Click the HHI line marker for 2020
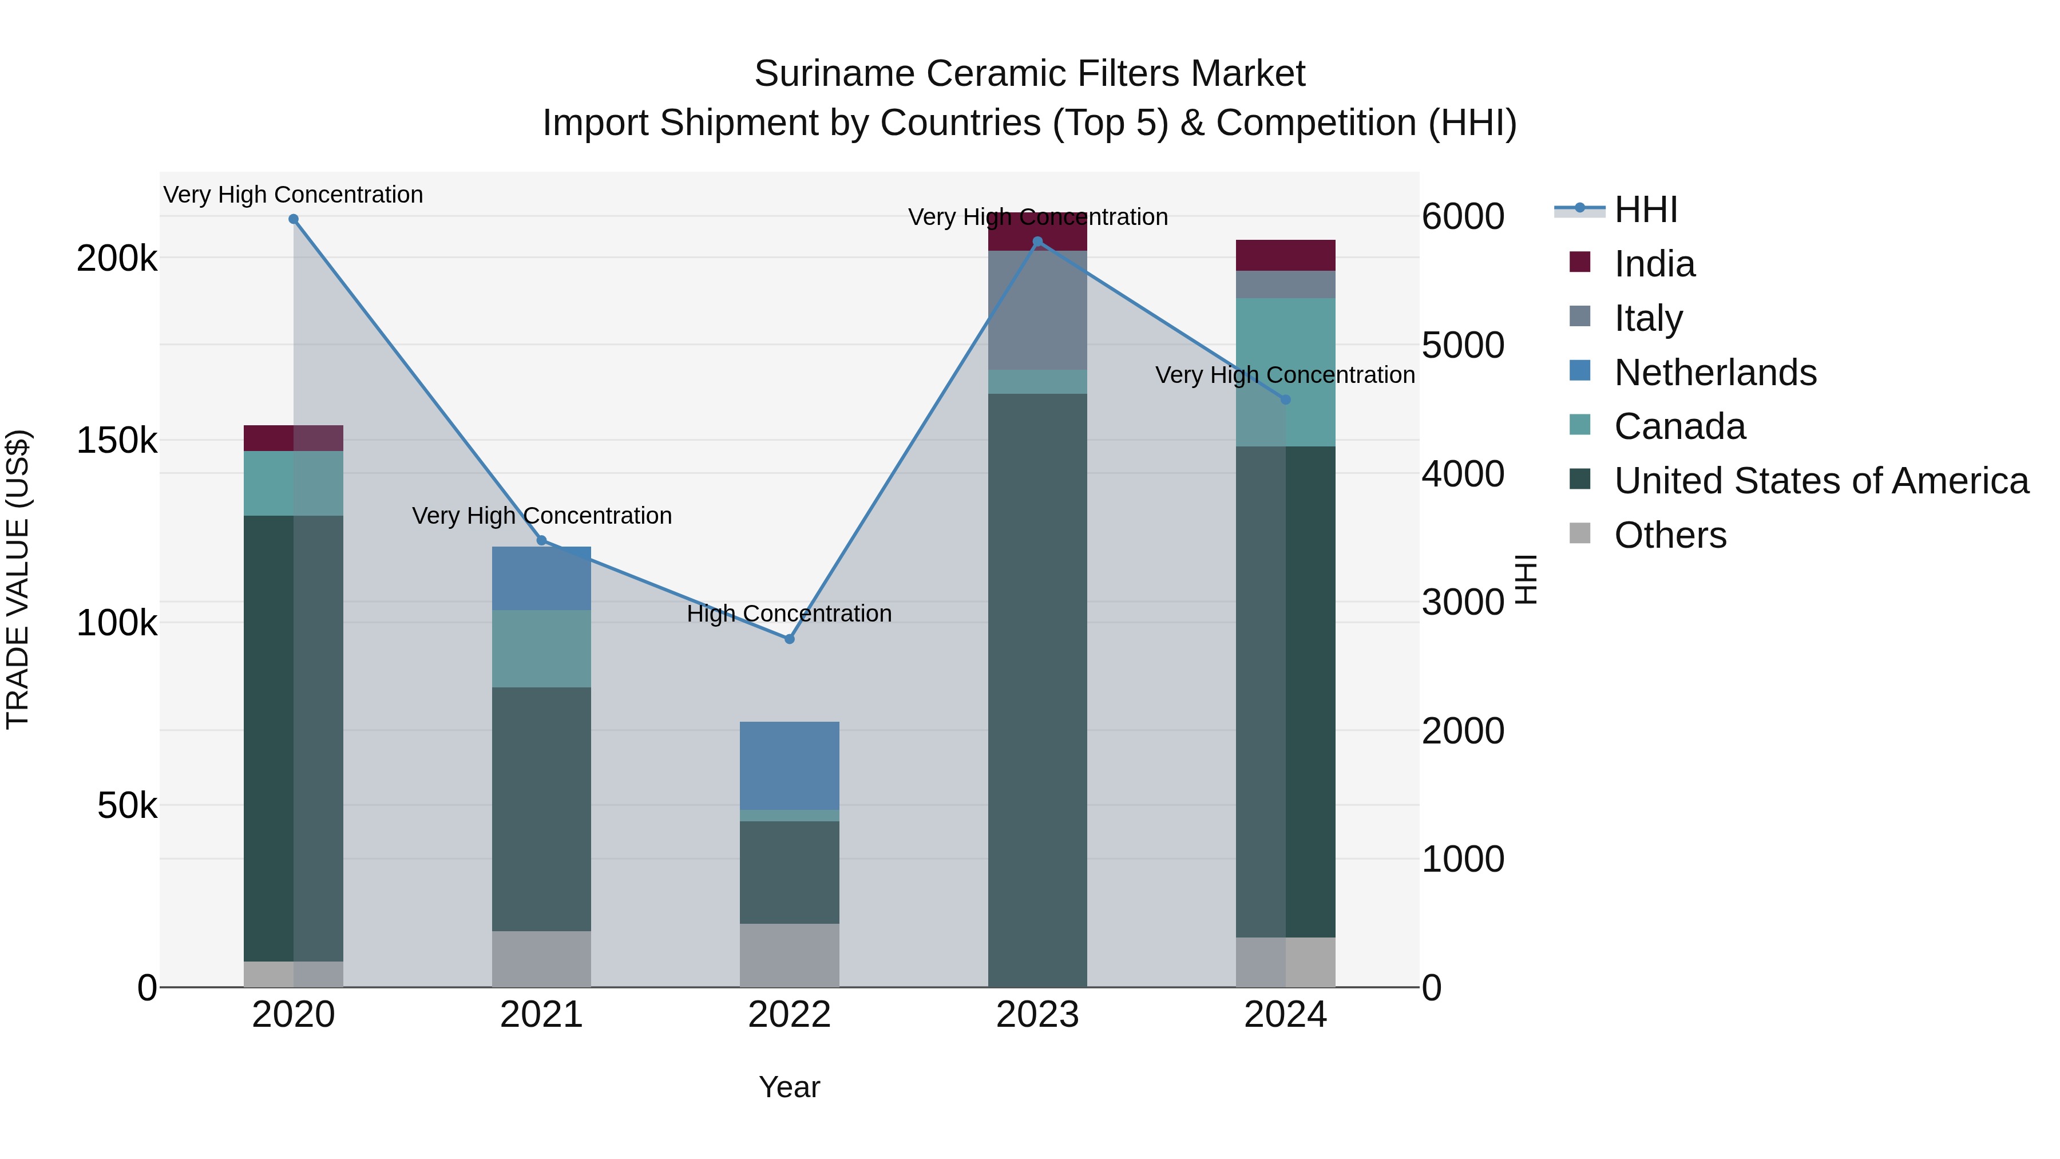294,219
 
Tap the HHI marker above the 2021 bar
541,541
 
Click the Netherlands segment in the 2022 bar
789,765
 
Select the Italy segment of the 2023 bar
1037,310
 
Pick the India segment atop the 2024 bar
1286,255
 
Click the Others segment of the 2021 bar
541,959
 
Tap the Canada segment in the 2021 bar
541,648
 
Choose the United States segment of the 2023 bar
1037,688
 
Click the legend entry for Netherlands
1716,373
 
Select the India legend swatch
1580,262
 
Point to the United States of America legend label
1821,481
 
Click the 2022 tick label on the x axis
789,1015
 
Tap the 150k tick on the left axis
117,441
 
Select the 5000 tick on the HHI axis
1463,346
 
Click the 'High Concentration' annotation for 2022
789,614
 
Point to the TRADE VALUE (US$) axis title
18,579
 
